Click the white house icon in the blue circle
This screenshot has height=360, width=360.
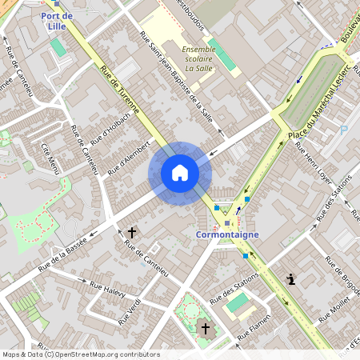(x=180, y=173)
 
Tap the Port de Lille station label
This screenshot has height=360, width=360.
(x=57, y=21)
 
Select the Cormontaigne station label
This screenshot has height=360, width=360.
(x=227, y=235)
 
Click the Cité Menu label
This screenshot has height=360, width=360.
(x=50, y=159)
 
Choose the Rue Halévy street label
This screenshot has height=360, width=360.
(x=107, y=290)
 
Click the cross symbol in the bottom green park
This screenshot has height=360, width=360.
(x=205, y=329)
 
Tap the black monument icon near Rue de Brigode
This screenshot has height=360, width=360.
(x=291, y=279)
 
